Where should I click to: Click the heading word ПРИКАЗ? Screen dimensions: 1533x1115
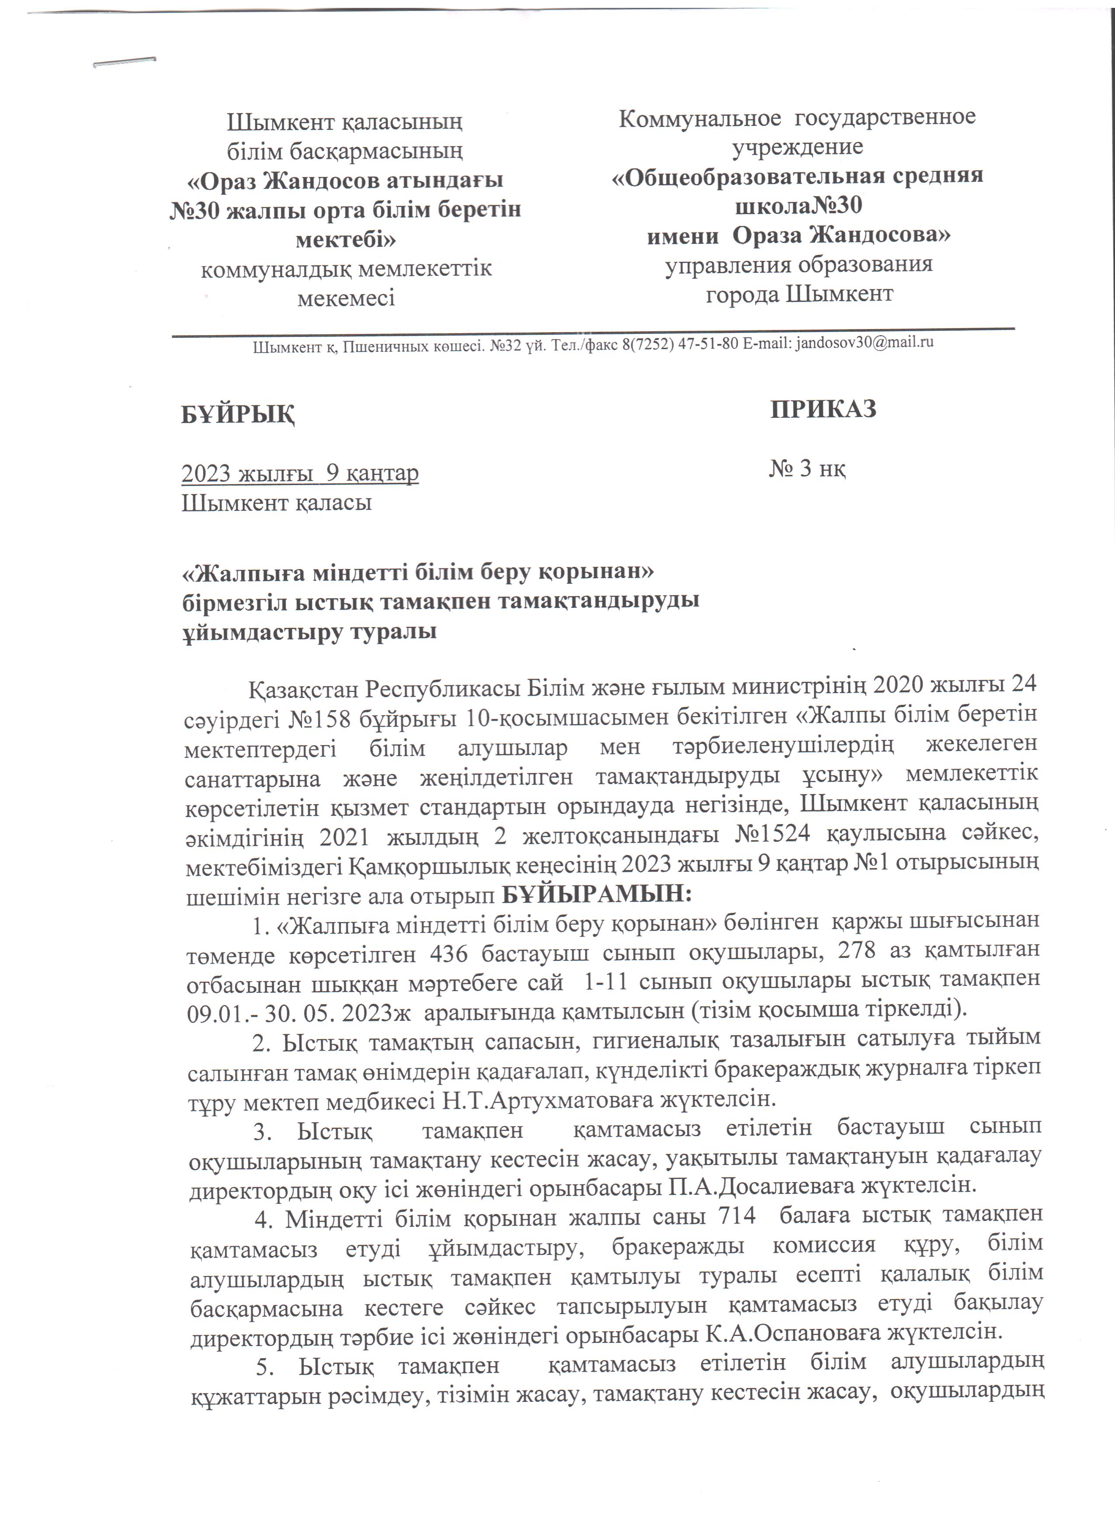point(823,409)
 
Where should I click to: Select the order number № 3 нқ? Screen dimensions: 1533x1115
point(807,468)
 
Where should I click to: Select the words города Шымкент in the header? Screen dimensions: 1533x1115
point(799,294)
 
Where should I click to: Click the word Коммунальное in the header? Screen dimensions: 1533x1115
point(700,118)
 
